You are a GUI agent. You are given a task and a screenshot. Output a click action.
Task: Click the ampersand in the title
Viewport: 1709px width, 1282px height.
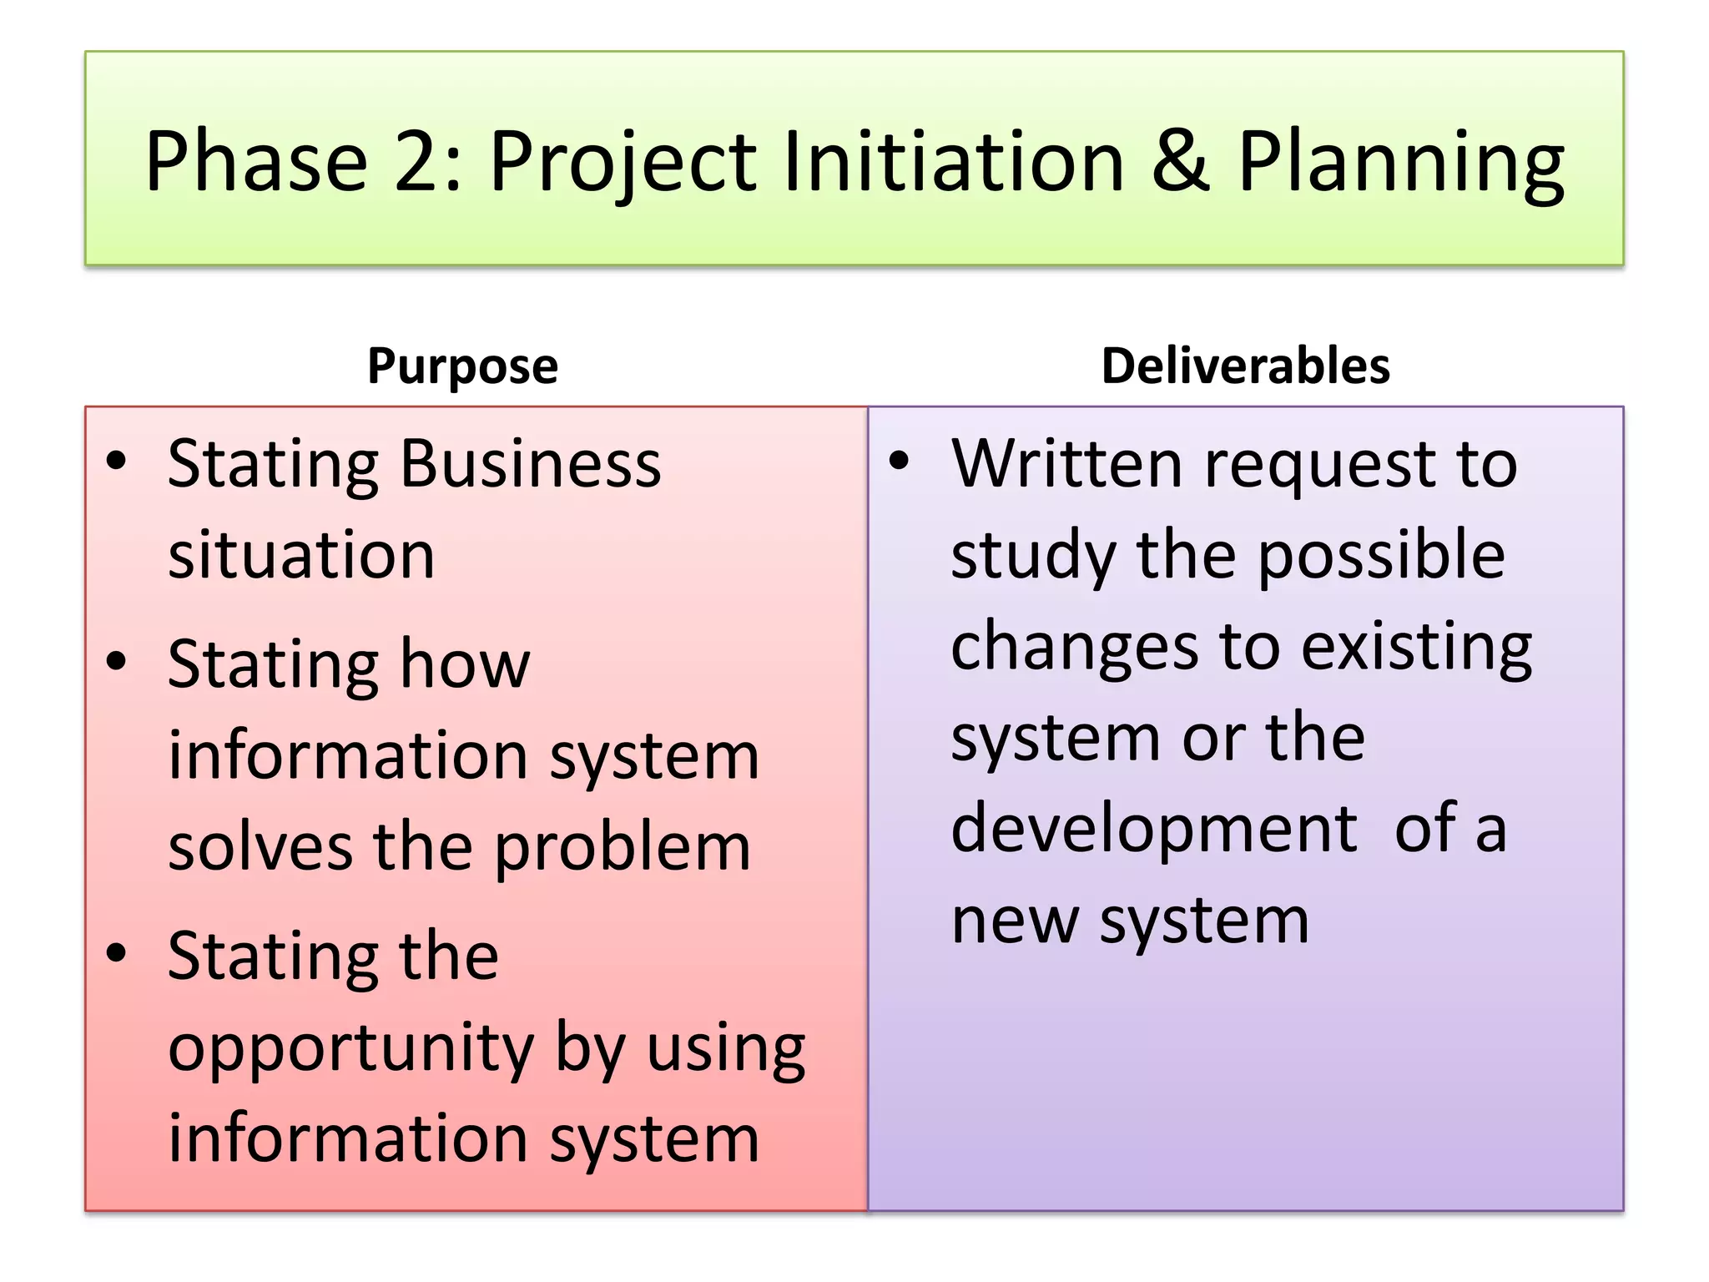(x=1181, y=161)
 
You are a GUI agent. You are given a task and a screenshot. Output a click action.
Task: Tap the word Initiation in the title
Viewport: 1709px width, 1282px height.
(x=953, y=161)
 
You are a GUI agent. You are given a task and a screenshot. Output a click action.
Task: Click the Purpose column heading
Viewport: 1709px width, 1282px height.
(x=462, y=366)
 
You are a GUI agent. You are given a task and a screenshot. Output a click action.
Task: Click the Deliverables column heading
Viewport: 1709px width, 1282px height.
(x=1245, y=366)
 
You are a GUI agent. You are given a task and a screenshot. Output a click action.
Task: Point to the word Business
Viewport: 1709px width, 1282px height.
(x=531, y=463)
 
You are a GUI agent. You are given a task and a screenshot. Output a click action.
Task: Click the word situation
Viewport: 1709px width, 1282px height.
(x=301, y=555)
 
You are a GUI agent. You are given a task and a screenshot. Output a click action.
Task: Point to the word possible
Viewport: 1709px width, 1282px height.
(x=1381, y=556)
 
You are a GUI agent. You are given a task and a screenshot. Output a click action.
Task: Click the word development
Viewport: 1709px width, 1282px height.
(x=1154, y=829)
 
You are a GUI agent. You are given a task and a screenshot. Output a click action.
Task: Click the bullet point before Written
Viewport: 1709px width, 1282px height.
(x=898, y=461)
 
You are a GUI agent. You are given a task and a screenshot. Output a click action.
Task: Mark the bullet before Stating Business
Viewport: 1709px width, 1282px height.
(x=117, y=461)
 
